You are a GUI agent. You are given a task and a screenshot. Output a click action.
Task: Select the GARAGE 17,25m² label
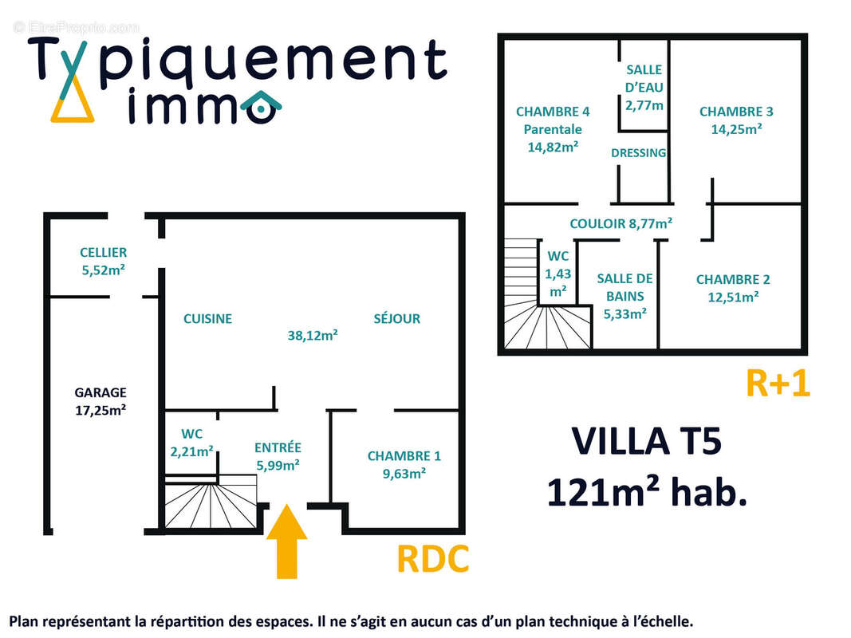[x=100, y=401]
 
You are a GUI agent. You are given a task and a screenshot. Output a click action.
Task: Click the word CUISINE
[x=207, y=319]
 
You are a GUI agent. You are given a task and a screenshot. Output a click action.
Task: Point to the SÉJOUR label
[x=396, y=319]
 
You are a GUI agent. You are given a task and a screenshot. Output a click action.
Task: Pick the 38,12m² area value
[x=313, y=336]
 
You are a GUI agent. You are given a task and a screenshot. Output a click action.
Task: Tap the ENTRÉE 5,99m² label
[x=278, y=456]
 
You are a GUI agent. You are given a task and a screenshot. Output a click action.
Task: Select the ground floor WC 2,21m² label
[x=191, y=443]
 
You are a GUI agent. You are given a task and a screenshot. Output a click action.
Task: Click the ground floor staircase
[x=211, y=502]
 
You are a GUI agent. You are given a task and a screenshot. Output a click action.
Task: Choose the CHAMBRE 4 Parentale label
[x=553, y=129]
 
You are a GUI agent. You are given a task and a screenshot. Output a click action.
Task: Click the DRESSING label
[x=638, y=153]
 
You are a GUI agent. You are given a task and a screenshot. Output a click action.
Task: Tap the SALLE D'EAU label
[x=644, y=88]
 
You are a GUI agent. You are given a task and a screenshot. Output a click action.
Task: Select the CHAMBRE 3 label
[x=736, y=120]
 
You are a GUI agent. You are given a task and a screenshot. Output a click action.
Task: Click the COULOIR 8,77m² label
[x=621, y=224]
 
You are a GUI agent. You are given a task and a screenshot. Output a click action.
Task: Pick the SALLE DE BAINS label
[x=624, y=296]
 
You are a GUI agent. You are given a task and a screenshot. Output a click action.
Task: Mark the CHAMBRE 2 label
[x=733, y=288]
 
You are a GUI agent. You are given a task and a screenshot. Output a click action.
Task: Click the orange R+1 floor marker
[x=778, y=384]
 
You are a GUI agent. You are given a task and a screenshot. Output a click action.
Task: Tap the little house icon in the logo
[x=262, y=108]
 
